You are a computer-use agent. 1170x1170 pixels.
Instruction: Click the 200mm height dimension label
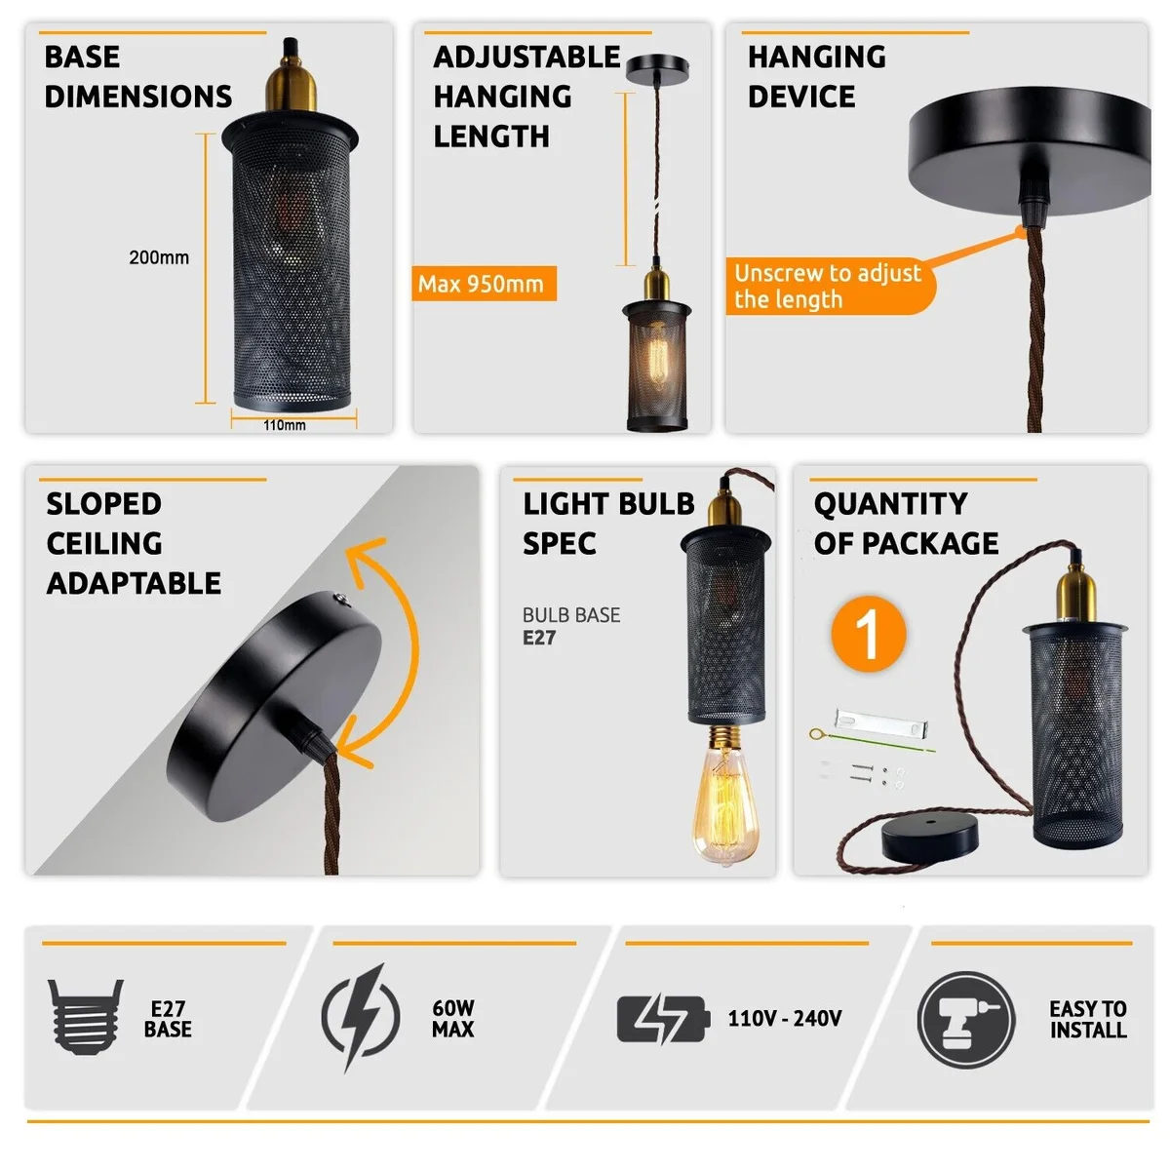coord(159,257)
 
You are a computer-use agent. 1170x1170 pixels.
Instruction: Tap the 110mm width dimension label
coord(284,425)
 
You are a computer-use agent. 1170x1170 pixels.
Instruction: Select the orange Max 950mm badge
coord(484,284)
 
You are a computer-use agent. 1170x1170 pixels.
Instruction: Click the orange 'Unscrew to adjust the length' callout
coord(830,286)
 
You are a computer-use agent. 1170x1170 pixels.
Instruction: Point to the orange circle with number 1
coord(869,634)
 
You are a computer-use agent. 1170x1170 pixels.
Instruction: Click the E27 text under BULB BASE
coord(539,638)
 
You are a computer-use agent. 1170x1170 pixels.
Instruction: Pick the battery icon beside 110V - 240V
coord(663,1019)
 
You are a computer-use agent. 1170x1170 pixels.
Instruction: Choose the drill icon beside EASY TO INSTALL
coord(966,1020)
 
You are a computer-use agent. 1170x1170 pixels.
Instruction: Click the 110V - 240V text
coord(785,1018)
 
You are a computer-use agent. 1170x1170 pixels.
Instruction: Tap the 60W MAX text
coord(453,1018)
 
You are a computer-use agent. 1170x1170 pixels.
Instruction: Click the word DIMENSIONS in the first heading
coord(138,97)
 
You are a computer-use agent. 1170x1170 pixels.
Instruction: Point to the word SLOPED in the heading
coord(103,503)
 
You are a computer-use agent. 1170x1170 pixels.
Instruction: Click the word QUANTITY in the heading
coord(891,503)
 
